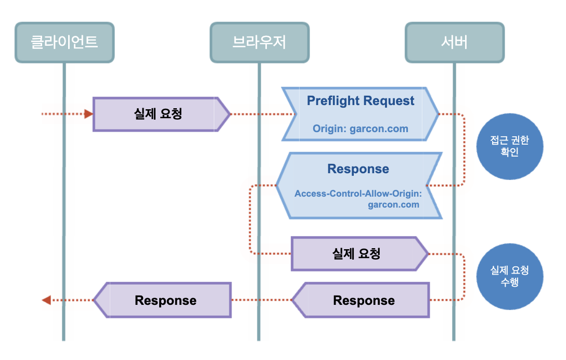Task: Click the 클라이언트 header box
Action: point(65,43)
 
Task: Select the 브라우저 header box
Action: point(259,43)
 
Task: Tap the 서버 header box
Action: point(454,43)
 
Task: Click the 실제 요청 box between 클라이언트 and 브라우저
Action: point(158,114)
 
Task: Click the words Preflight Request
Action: point(361,101)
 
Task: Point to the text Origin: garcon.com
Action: point(361,128)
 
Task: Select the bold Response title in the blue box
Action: point(358,169)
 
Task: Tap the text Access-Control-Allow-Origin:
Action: point(357,194)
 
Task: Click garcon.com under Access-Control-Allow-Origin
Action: point(393,204)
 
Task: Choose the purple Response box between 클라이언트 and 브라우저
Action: point(165,300)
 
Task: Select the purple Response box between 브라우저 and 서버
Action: point(364,300)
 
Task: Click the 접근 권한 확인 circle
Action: point(510,147)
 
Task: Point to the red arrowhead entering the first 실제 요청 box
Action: point(88,114)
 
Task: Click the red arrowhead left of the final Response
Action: point(46,300)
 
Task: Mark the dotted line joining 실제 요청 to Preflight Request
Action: point(260,114)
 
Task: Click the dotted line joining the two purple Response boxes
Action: point(260,300)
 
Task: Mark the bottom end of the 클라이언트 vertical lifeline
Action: point(64,339)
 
